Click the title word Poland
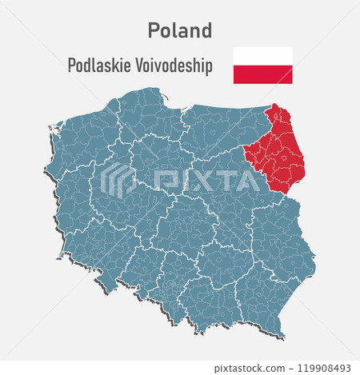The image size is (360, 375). (x=180, y=30)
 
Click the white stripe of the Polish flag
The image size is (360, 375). (x=262, y=56)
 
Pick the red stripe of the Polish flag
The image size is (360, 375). (x=262, y=74)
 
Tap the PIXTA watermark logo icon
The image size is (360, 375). (x=118, y=180)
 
